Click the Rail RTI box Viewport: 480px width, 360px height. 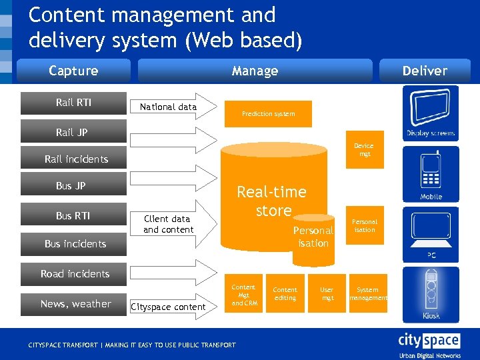[73, 103]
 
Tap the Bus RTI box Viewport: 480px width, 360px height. [73, 215]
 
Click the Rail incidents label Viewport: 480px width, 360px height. [76, 159]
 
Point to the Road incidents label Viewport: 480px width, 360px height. [75, 274]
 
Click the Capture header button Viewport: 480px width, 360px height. [73, 71]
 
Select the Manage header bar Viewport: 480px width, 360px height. [255, 71]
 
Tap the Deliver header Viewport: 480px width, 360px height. [425, 71]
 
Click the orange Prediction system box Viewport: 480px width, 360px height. [268, 114]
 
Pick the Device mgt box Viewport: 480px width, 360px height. [365, 149]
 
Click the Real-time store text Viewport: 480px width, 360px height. [271, 201]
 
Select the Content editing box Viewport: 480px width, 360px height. [285, 293]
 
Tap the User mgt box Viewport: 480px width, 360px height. [327, 293]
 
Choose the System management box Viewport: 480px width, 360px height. [367, 293]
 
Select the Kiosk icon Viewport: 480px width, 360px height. [431, 293]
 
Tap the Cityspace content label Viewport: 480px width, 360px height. [168, 307]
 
